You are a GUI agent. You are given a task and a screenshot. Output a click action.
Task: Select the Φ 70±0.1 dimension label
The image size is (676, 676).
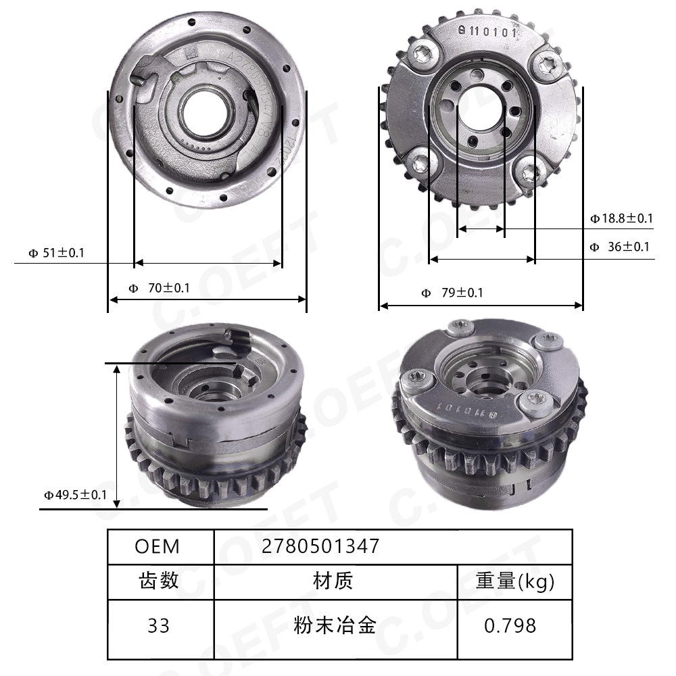pyautogui.click(x=160, y=288)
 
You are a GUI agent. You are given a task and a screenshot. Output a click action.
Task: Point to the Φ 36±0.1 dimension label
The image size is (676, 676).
pyautogui.click(x=619, y=247)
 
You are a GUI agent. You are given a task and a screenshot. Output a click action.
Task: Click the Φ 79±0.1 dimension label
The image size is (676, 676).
pyautogui.click(x=452, y=293)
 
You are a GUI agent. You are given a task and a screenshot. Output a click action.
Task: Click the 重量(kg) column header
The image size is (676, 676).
pyautogui.click(x=514, y=580)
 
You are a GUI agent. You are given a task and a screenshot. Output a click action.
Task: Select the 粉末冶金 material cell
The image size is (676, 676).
pyautogui.click(x=335, y=626)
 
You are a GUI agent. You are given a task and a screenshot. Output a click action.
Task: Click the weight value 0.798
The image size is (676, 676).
pyautogui.click(x=510, y=626)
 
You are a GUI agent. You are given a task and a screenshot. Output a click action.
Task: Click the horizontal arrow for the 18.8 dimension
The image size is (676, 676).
pyautogui.click(x=481, y=230)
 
